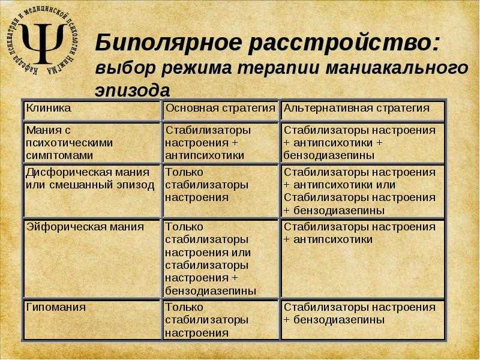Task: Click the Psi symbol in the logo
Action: tap(43, 42)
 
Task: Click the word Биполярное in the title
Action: tap(169, 43)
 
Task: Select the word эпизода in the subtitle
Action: tap(133, 91)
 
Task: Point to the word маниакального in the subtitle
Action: tap(397, 68)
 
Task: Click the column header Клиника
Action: tap(49, 108)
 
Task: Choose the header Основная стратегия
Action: tap(220, 109)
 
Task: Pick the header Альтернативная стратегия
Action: tap(356, 109)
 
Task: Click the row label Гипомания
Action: tap(56, 307)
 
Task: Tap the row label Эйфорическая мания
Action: tap(85, 227)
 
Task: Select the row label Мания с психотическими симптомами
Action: tap(69, 143)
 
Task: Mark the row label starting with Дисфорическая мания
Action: tap(90, 179)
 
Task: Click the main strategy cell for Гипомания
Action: tap(206, 320)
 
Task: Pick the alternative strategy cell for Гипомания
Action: tap(359, 313)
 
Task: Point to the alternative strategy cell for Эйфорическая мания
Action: tap(359, 233)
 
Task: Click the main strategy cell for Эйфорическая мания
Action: tap(211, 259)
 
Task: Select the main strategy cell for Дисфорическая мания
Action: tap(206, 185)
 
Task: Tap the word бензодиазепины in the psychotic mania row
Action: tap(329, 155)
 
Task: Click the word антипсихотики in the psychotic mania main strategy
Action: tap(205, 155)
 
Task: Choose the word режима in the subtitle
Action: tap(196, 68)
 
